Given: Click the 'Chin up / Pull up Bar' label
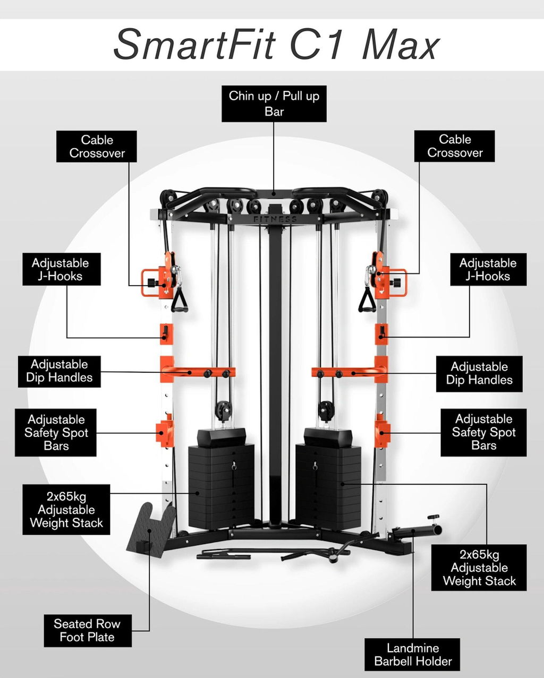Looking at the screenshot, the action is point(274,104).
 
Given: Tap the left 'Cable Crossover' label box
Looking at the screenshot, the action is point(97,147).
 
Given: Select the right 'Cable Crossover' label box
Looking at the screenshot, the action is point(454,146).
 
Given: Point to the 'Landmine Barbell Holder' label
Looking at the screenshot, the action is point(412,654).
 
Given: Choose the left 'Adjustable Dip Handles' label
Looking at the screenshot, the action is point(59,371).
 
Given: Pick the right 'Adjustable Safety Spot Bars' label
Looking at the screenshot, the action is point(483,432).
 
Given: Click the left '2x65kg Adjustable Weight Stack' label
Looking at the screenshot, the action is point(66,510).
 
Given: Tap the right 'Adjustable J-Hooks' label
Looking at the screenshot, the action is point(488,269).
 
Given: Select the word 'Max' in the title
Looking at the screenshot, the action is point(401,45).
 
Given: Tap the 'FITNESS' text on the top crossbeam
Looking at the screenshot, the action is point(275,219).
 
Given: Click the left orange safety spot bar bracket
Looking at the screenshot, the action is point(165,431).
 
